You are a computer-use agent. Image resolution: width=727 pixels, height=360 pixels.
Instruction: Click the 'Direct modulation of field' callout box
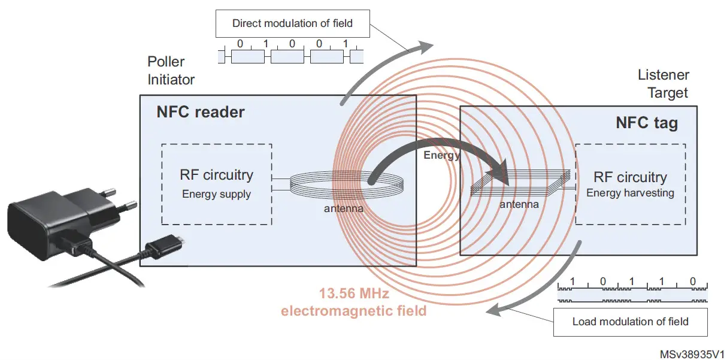click(x=292, y=24)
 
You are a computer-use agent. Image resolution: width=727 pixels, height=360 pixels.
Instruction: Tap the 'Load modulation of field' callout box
click(x=630, y=322)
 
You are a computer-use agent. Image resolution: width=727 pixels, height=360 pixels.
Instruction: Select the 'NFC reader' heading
click(x=200, y=112)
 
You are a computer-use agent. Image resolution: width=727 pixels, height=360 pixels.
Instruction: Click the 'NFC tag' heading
click(x=647, y=123)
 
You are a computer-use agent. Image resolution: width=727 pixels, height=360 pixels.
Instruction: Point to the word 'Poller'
click(x=166, y=62)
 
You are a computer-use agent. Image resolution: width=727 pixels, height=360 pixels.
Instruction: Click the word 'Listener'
click(x=663, y=75)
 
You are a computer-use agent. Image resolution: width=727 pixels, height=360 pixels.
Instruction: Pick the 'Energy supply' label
click(x=216, y=193)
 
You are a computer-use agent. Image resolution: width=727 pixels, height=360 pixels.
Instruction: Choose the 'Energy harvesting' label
click(x=630, y=193)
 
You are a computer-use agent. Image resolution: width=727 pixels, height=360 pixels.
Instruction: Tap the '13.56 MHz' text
click(x=354, y=294)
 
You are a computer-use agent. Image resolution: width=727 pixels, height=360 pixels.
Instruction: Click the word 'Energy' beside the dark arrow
click(x=442, y=156)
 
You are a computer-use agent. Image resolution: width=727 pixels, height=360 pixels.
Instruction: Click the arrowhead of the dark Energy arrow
click(x=498, y=174)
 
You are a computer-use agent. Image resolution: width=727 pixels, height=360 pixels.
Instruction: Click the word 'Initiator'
click(x=171, y=79)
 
